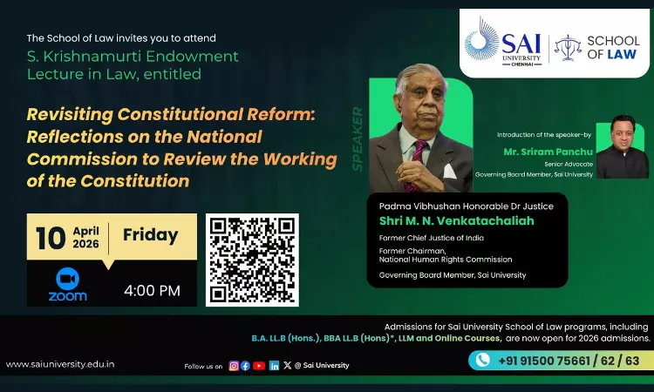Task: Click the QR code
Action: click(252, 260)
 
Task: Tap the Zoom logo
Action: click(68, 284)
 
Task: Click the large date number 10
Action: click(51, 237)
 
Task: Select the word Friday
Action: click(150, 234)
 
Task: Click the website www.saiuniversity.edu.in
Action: click(60, 364)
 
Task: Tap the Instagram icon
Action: click(234, 365)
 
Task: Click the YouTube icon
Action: click(259, 365)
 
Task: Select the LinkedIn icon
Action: click(275, 365)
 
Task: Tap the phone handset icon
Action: click(482, 361)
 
